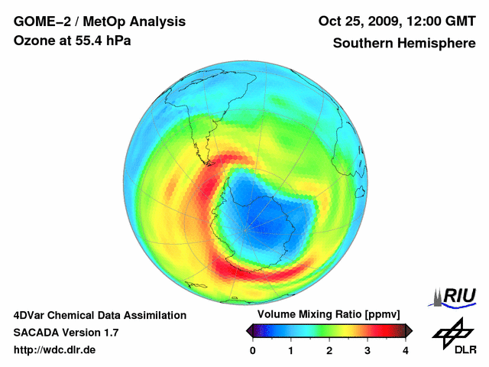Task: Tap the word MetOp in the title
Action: pyautogui.click(x=99, y=21)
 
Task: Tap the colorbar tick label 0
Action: pyautogui.click(x=253, y=350)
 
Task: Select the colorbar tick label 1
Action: pyautogui.click(x=291, y=350)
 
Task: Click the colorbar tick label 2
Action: pyautogui.click(x=329, y=350)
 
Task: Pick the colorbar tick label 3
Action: pyautogui.click(x=368, y=350)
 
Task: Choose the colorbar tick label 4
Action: pyautogui.click(x=406, y=350)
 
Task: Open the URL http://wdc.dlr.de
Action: pyautogui.click(x=55, y=350)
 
